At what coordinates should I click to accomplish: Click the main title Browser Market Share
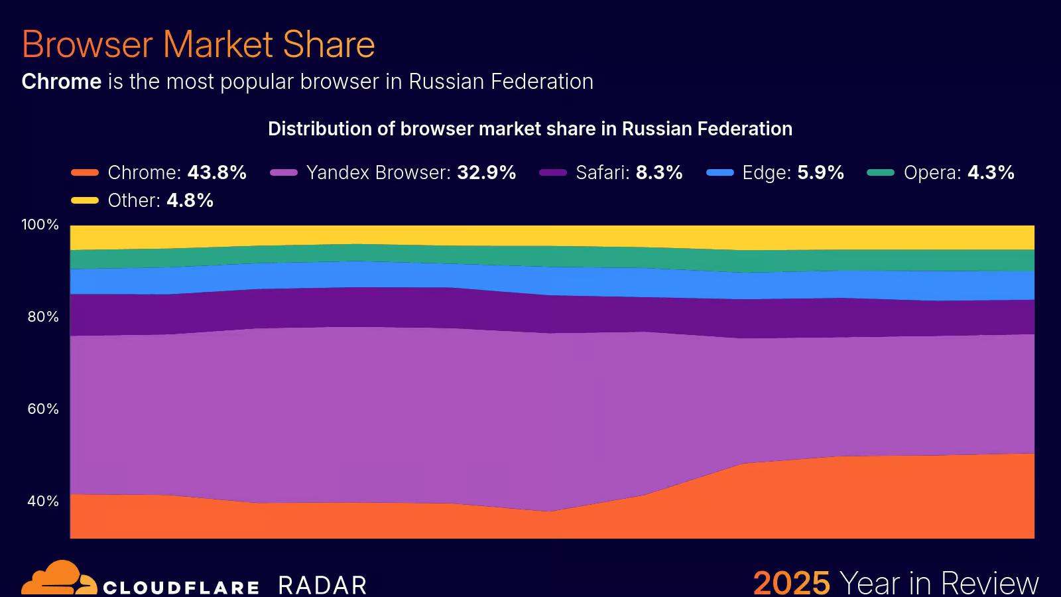tap(198, 44)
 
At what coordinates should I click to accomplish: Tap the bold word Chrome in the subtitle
tap(61, 82)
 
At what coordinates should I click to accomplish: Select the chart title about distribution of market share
tap(530, 129)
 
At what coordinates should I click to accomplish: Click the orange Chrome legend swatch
tap(85, 173)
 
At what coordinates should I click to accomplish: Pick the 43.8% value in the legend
tap(217, 172)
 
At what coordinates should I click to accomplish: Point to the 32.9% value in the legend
tap(486, 172)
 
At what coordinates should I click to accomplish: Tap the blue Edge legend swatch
tap(720, 173)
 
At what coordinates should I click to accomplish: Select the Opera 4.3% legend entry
tap(958, 172)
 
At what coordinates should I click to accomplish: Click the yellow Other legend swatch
tap(85, 201)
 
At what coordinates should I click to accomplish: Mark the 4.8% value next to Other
tap(190, 200)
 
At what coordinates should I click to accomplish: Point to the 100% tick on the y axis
tap(40, 225)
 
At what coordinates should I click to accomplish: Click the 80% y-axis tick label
tap(43, 317)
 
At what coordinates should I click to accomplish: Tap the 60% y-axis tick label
tap(43, 409)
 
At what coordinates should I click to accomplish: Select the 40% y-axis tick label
tap(43, 501)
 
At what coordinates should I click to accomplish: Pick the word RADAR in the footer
tap(322, 585)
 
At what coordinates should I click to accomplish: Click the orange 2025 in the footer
tap(791, 582)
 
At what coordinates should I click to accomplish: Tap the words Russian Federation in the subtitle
tap(501, 82)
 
